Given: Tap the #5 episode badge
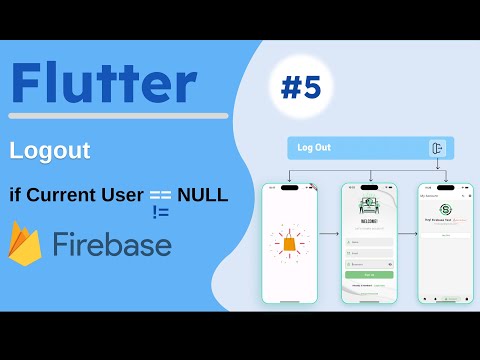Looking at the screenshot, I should (x=300, y=89).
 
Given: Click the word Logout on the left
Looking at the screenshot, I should (x=50, y=151).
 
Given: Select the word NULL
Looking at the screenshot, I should (x=203, y=193).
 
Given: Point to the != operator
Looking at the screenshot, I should (x=161, y=212).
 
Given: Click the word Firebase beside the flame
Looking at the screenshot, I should (x=112, y=245).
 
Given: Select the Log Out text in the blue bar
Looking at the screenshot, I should (x=315, y=148).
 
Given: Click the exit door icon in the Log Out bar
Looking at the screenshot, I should (x=437, y=148).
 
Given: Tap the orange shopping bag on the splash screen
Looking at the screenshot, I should (x=289, y=243).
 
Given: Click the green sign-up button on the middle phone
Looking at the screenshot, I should (x=369, y=273).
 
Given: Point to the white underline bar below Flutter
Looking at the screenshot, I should (x=118, y=116).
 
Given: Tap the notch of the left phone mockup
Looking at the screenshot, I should (x=289, y=187).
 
